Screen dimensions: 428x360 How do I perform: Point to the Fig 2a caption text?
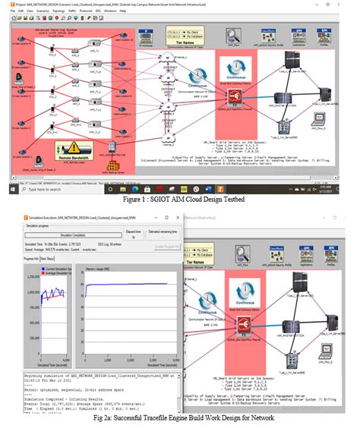click(180, 417)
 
